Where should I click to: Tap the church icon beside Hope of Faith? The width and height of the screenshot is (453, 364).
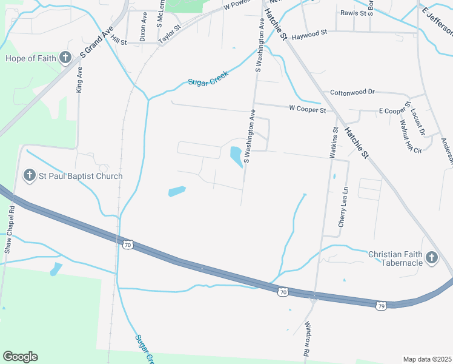65,58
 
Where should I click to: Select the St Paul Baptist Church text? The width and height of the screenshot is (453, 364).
81,176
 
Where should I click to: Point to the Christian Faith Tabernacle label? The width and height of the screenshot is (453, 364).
395,258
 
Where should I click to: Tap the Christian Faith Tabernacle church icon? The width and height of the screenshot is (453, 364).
431,258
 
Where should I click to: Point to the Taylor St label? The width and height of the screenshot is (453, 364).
170,34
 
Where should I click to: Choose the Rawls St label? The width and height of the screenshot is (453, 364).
354,12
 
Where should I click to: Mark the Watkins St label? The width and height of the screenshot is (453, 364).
334,143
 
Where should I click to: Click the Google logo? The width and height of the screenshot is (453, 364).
20,356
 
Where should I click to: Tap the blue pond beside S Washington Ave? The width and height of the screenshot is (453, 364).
236,157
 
